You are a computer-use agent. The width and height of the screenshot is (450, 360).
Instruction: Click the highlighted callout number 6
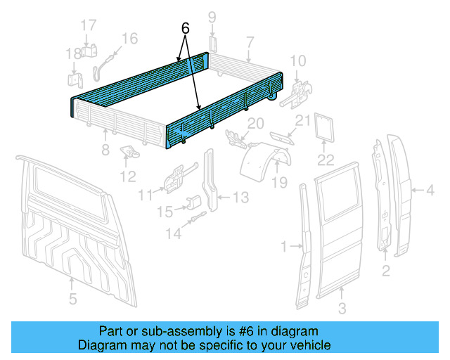click(185, 29)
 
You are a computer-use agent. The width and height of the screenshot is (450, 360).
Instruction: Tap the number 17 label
click(88, 25)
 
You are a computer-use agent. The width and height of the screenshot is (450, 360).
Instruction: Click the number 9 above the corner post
click(212, 18)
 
